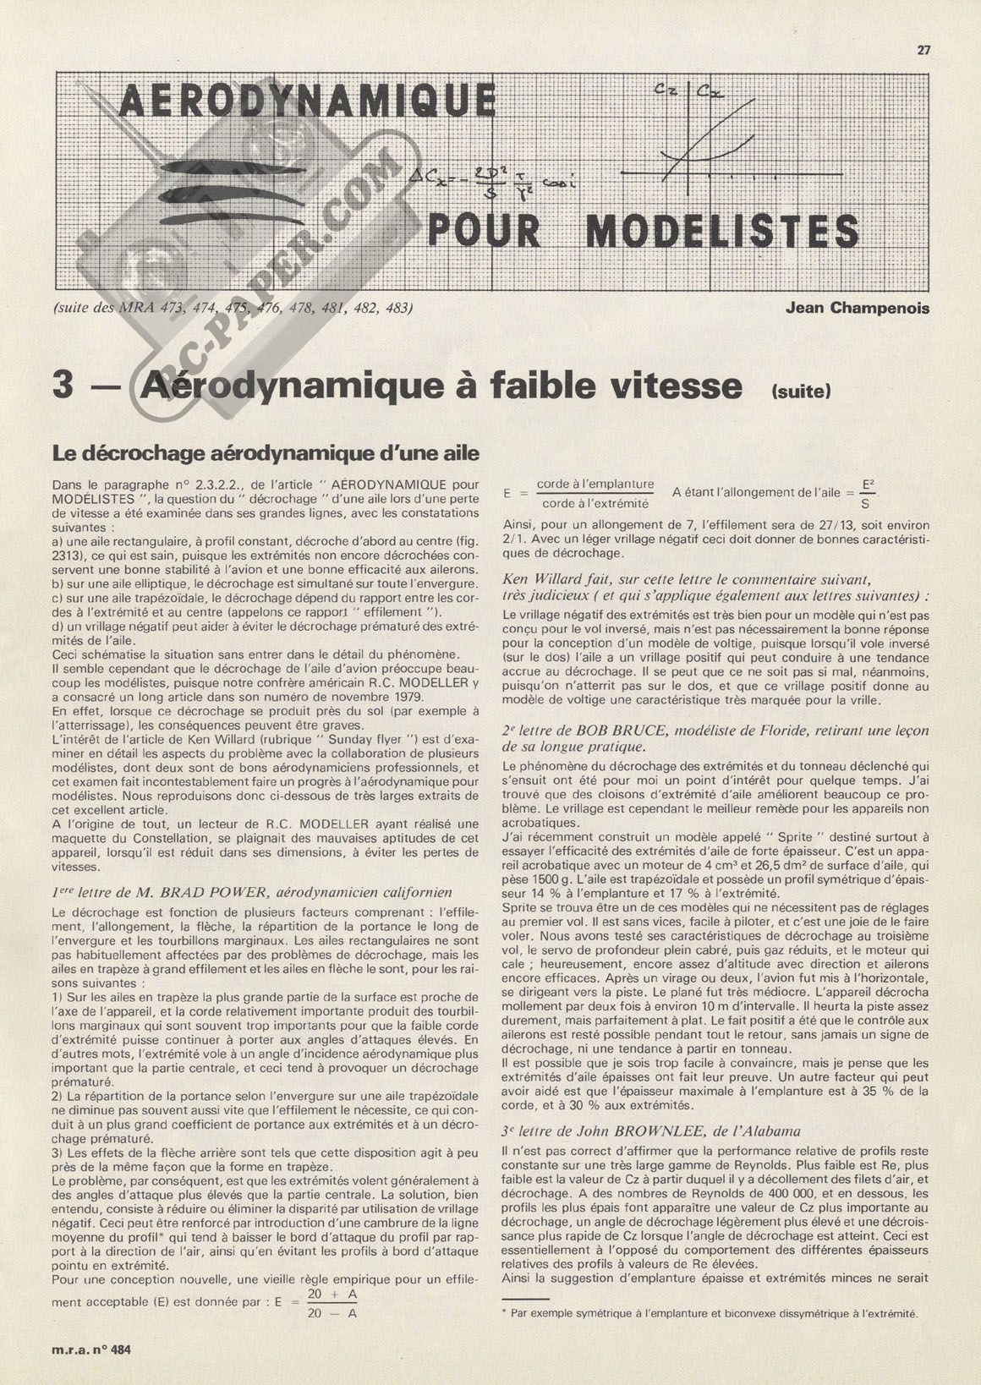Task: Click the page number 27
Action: pyautogui.click(x=923, y=50)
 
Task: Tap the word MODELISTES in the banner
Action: pyautogui.click(x=722, y=232)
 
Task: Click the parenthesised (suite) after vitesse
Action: pyautogui.click(x=800, y=391)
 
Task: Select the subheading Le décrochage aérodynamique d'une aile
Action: pyautogui.click(x=266, y=453)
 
